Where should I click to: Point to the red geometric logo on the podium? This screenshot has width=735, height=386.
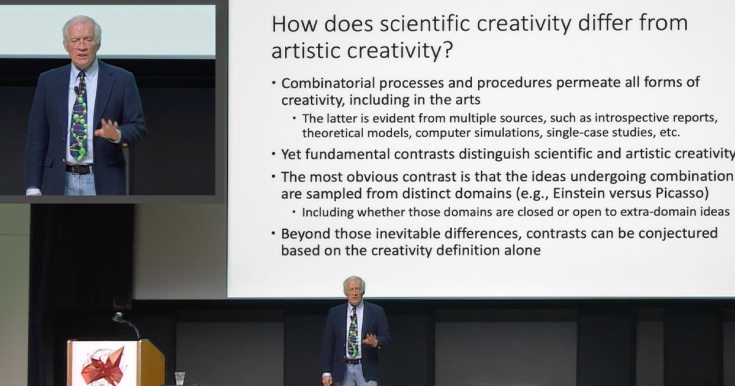(102, 366)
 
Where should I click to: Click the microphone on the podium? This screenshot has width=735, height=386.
(118, 317)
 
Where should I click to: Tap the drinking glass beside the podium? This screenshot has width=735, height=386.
(179, 377)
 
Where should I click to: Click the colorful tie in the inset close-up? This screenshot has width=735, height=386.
(79, 123)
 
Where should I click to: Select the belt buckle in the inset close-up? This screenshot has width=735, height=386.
(79, 170)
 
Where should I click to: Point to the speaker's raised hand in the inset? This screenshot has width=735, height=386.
(108, 129)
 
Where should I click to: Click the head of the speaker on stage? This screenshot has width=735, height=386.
(354, 286)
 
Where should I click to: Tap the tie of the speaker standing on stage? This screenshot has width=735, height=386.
(353, 334)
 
